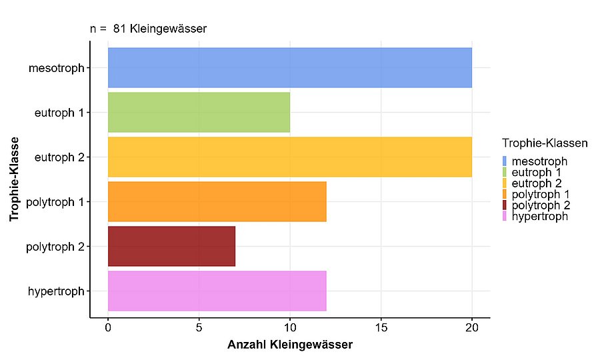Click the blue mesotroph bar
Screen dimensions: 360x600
(x=289, y=67)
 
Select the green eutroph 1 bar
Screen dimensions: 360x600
(x=199, y=112)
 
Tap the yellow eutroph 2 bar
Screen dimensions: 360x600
(x=289, y=157)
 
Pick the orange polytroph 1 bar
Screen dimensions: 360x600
(x=217, y=201)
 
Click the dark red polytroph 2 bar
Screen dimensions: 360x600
(x=171, y=246)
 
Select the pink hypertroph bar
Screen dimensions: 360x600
(x=217, y=291)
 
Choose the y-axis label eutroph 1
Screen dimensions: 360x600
(x=59, y=113)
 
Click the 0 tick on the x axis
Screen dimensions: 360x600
(x=108, y=328)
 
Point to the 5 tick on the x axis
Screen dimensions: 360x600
(x=199, y=328)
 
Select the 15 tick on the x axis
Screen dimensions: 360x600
(x=381, y=328)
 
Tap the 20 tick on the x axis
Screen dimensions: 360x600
(x=471, y=328)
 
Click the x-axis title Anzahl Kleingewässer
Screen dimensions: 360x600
(x=289, y=345)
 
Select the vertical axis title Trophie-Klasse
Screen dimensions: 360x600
(x=14, y=180)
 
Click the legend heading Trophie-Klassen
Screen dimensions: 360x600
(x=545, y=143)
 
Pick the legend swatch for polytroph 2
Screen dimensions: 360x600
(x=505, y=205)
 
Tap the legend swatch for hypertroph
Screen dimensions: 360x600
(x=505, y=216)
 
